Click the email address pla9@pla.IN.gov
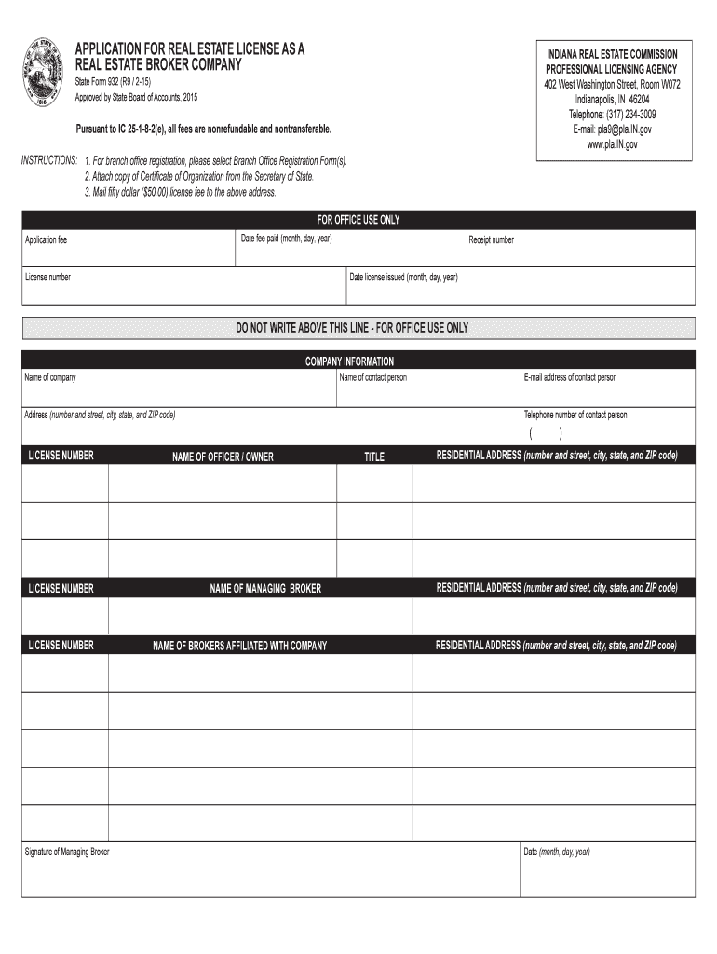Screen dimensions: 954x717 612,129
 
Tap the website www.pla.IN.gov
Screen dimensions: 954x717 612,144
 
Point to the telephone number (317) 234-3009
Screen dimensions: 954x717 612,115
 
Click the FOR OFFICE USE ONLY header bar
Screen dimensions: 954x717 358,220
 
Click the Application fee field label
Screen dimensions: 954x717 46,240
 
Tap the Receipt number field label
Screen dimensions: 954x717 491,240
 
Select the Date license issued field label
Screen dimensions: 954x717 403,278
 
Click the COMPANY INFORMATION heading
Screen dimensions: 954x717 349,361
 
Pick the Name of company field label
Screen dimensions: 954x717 50,377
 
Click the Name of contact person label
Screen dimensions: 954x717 372,377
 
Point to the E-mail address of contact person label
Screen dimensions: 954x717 570,377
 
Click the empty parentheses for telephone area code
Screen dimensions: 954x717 546,433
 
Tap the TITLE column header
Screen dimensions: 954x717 373,457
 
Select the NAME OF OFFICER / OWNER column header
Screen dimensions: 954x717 223,457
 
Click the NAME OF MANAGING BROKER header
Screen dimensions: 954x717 265,589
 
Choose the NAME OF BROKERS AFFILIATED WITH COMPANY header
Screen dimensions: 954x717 239,646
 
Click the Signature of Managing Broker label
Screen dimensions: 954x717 66,852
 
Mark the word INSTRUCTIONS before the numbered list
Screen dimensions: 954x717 48,161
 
